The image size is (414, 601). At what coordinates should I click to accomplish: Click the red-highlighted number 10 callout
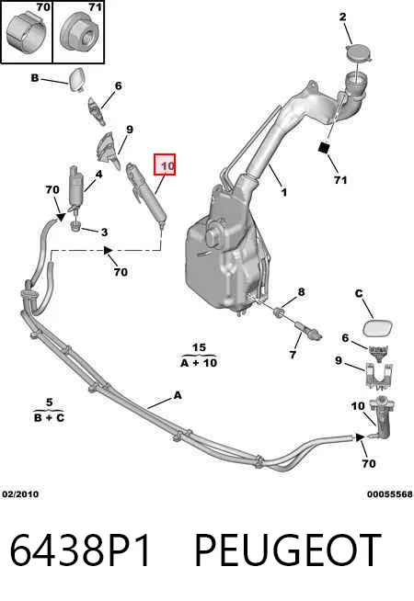pyautogui.click(x=165, y=164)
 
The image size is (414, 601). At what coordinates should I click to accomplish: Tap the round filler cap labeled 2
pyautogui.click(x=359, y=52)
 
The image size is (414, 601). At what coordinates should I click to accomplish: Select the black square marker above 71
pyautogui.click(x=324, y=147)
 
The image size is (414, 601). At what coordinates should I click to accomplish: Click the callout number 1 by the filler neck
pyautogui.click(x=283, y=192)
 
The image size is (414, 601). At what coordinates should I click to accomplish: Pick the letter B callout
pyautogui.click(x=35, y=78)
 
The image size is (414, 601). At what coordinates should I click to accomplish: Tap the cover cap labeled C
pyautogui.click(x=378, y=328)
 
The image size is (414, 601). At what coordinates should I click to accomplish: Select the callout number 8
pyautogui.click(x=301, y=292)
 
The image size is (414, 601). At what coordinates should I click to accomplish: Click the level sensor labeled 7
pyautogui.click(x=309, y=331)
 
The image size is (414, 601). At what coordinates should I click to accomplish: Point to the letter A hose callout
pyautogui.click(x=178, y=395)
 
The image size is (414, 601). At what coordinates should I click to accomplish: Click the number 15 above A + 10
pyautogui.click(x=199, y=347)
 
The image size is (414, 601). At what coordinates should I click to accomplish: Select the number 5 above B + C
pyautogui.click(x=49, y=403)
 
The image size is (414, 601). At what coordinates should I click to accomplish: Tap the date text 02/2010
pyautogui.click(x=20, y=494)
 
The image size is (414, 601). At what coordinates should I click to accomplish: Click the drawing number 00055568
pyautogui.click(x=390, y=494)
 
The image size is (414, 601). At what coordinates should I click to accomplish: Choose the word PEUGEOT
pyautogui.click(x=288, y=550)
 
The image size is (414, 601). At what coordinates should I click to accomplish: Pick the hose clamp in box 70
pyautogui.click(x=26, y=33)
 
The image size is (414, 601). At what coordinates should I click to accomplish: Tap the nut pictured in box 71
pyautogui.click(x=79, y=33)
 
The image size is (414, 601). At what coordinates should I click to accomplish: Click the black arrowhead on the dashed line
pyautogui.click(x=109, y=250)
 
